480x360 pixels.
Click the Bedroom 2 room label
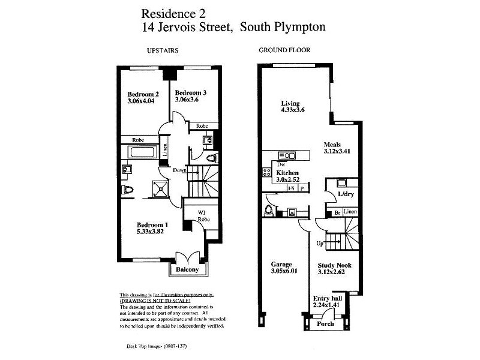point(143,94)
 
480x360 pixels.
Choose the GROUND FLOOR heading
point(284,50)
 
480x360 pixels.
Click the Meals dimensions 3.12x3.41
point(337,152)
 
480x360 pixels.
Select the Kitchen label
point(287,173)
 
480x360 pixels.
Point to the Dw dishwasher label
point(281,164)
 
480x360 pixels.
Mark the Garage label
point(281,265)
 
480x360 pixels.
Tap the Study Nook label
point(335,265)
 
